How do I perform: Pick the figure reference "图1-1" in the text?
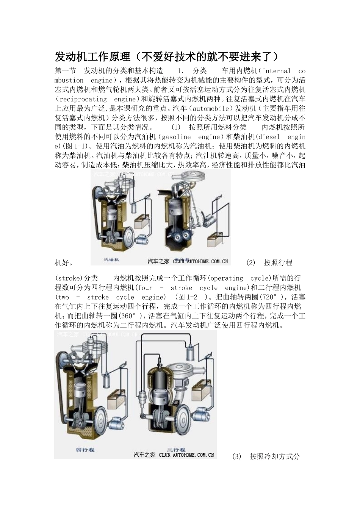(73, 146)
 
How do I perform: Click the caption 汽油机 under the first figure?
(111, 260)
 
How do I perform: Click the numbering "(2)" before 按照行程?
(250, 262)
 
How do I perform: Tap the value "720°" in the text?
(271, 297)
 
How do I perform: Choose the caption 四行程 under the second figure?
(85, 450)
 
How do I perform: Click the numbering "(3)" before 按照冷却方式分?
(236, 456)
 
